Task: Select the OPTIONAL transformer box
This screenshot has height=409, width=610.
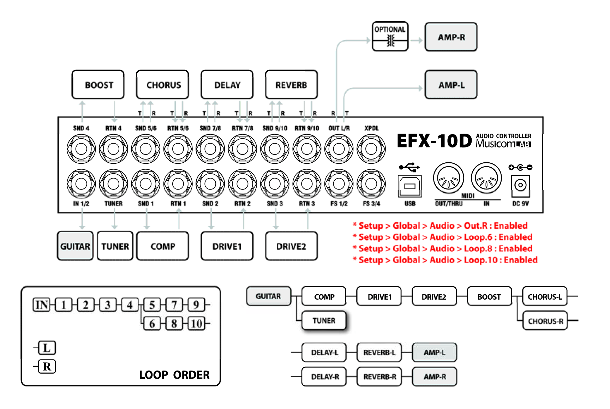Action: [390, 37]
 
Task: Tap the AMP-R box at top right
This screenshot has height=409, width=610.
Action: [451, 37]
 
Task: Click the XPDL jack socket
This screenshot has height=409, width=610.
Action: [371, 149]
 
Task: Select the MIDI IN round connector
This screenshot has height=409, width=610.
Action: [486, 178]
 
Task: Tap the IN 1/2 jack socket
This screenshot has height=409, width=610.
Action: [81, 184]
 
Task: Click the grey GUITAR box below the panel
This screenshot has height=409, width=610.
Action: [75, 246]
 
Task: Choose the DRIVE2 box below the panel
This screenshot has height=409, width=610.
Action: [291, 246]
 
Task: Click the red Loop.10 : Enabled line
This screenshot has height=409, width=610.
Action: [448, 260]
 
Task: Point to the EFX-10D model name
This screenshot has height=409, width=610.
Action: [434, 141]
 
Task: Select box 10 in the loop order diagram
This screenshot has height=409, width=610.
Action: [196, 323]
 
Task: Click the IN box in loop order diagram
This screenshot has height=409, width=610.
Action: [42, 305]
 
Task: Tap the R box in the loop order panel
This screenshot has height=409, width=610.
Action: [47, 367]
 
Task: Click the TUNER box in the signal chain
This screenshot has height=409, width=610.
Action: [324, 320]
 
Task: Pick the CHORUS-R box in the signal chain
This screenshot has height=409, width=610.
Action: [545, 321]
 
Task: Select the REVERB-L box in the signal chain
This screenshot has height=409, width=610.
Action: [379, 352]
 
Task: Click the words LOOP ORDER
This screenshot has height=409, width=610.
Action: [174, 375]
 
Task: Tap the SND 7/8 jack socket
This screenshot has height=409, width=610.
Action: [210, 149]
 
